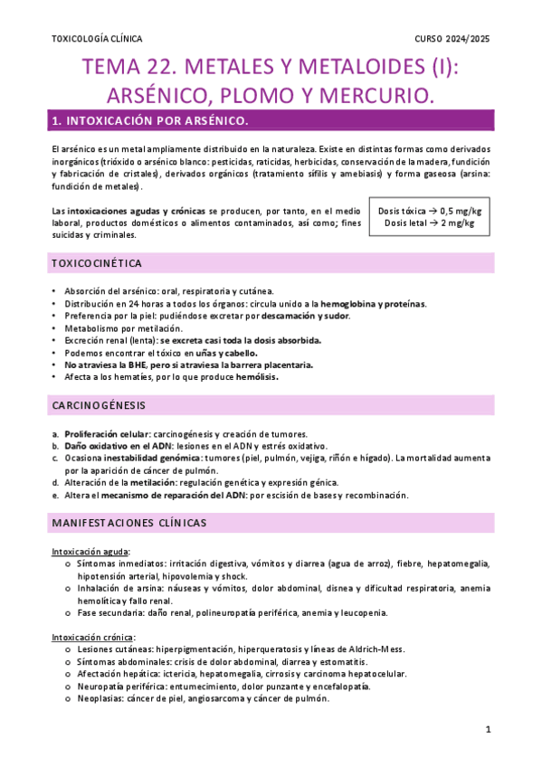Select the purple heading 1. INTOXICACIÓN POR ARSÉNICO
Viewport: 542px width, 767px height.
150,120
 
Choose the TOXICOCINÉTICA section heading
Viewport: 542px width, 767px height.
96,263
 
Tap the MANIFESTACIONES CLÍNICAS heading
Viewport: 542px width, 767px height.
129,523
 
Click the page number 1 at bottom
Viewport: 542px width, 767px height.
487,728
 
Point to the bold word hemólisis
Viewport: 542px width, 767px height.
257,377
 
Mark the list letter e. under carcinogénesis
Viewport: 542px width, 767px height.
56,495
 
